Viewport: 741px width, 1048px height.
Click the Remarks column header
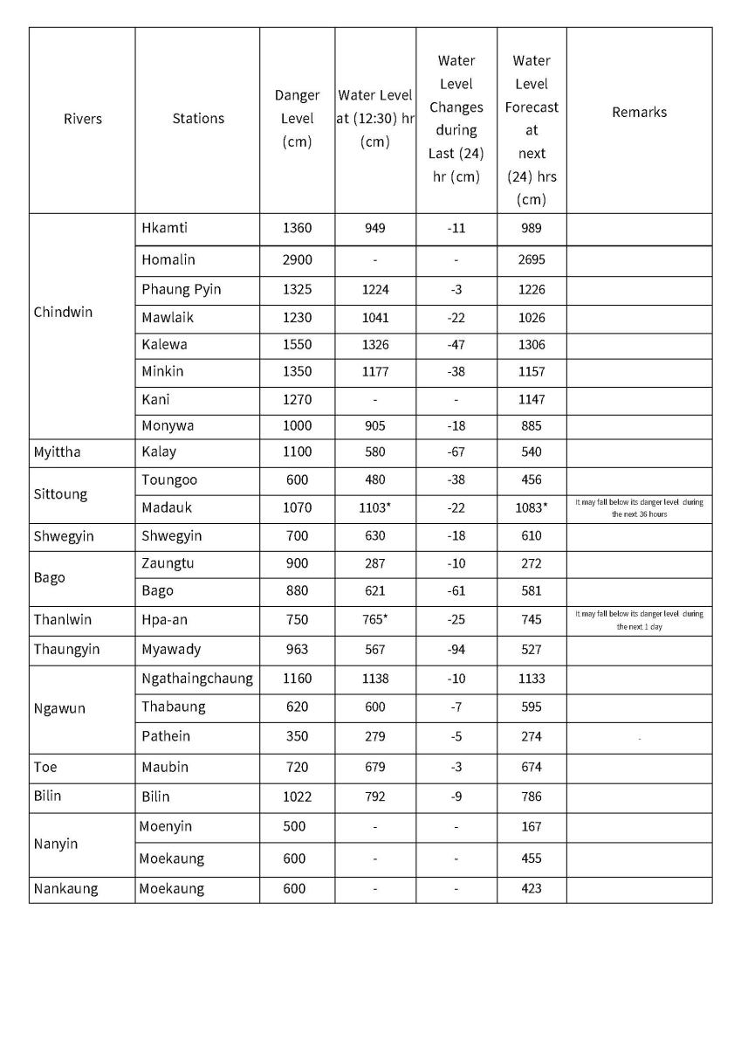[x=639, y=113]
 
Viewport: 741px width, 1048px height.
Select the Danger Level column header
[x=297, y=119]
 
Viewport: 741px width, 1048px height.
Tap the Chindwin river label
[x=63, y=312]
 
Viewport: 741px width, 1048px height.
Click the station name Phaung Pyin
[x=182, y=290]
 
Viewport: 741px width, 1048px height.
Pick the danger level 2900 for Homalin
[x=297, y=260]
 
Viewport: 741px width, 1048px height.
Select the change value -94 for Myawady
[x=456, y=650]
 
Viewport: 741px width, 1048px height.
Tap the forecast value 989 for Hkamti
[x=531, y=229]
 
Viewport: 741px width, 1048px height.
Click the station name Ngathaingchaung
[x=197, y=679]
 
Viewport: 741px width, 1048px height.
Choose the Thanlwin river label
[x=62, y=620]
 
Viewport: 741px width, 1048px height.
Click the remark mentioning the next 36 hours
[x=639, y=507]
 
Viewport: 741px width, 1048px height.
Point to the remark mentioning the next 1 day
[x=639, y=620]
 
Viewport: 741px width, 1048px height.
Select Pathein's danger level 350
[x=297, y=736]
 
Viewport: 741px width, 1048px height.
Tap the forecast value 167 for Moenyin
[x=531, y=826]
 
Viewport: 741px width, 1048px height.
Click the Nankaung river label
[x=65, y=889]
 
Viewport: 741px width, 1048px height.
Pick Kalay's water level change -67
[x=456, y=452]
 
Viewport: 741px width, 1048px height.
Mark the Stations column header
[x=198, y=119]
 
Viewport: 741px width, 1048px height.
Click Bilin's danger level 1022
[x=297, y=796]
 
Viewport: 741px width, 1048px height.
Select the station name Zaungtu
[x=168, y=563]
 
